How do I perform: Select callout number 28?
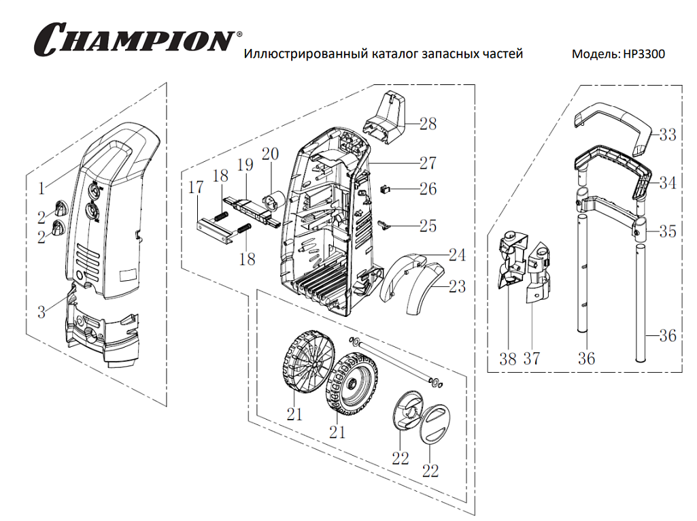[428, 124]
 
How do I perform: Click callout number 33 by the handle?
[667, 135]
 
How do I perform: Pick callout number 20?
[270, 154]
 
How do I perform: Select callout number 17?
[196, 188]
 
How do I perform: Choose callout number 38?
[508, 358]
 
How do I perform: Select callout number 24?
[457, 255]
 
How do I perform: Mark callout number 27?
[428, 163]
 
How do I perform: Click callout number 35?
[667, 231]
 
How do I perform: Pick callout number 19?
[245, 165]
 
